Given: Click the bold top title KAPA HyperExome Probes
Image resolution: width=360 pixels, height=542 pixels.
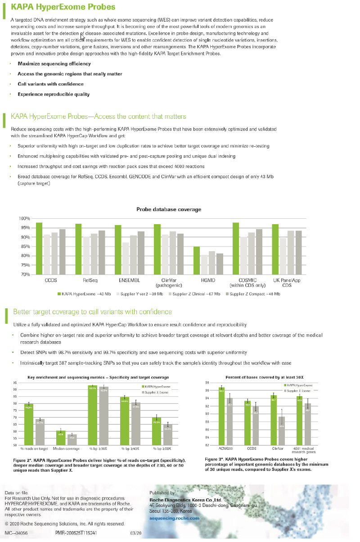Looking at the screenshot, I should (63, 7).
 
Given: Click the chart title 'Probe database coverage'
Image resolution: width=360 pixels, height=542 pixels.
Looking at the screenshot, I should (169, 209).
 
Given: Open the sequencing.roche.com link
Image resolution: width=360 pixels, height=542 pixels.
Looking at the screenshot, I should (174, 518).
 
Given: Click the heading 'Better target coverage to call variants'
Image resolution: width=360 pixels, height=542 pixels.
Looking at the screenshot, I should (92, 312).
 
